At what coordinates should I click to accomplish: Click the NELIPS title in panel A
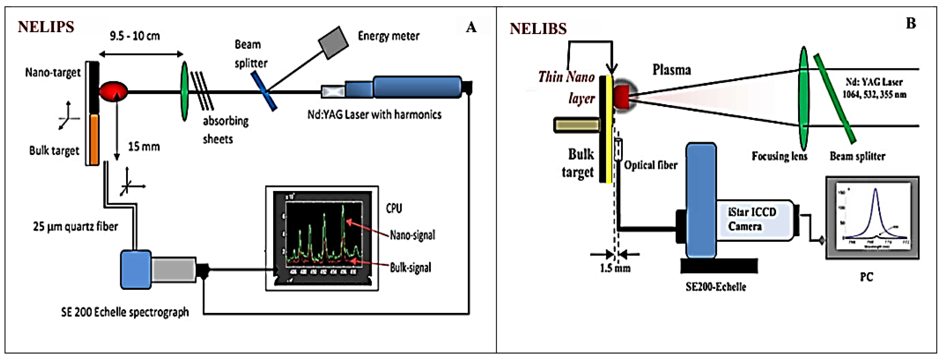point(46,27)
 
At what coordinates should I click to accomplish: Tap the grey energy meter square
point(333,42)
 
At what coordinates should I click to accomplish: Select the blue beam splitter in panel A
point(264,91)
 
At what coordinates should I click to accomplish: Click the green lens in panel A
point(185,91)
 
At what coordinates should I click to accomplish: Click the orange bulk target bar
point(94,139)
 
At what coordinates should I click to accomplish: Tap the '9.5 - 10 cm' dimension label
point(135,36)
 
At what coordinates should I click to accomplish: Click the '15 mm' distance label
point(144,147)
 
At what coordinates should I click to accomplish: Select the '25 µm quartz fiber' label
point(75,227)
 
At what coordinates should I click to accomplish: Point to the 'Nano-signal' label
point(412,235)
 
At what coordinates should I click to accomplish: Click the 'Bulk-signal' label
point(410,268)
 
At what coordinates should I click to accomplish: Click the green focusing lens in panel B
point(804,97)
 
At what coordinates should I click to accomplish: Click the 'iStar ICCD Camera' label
point(752,219)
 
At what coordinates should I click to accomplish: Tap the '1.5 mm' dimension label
point(615,268)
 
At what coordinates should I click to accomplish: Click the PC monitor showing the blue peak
point(872,218)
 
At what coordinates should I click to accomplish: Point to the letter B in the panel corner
point(911,24)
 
